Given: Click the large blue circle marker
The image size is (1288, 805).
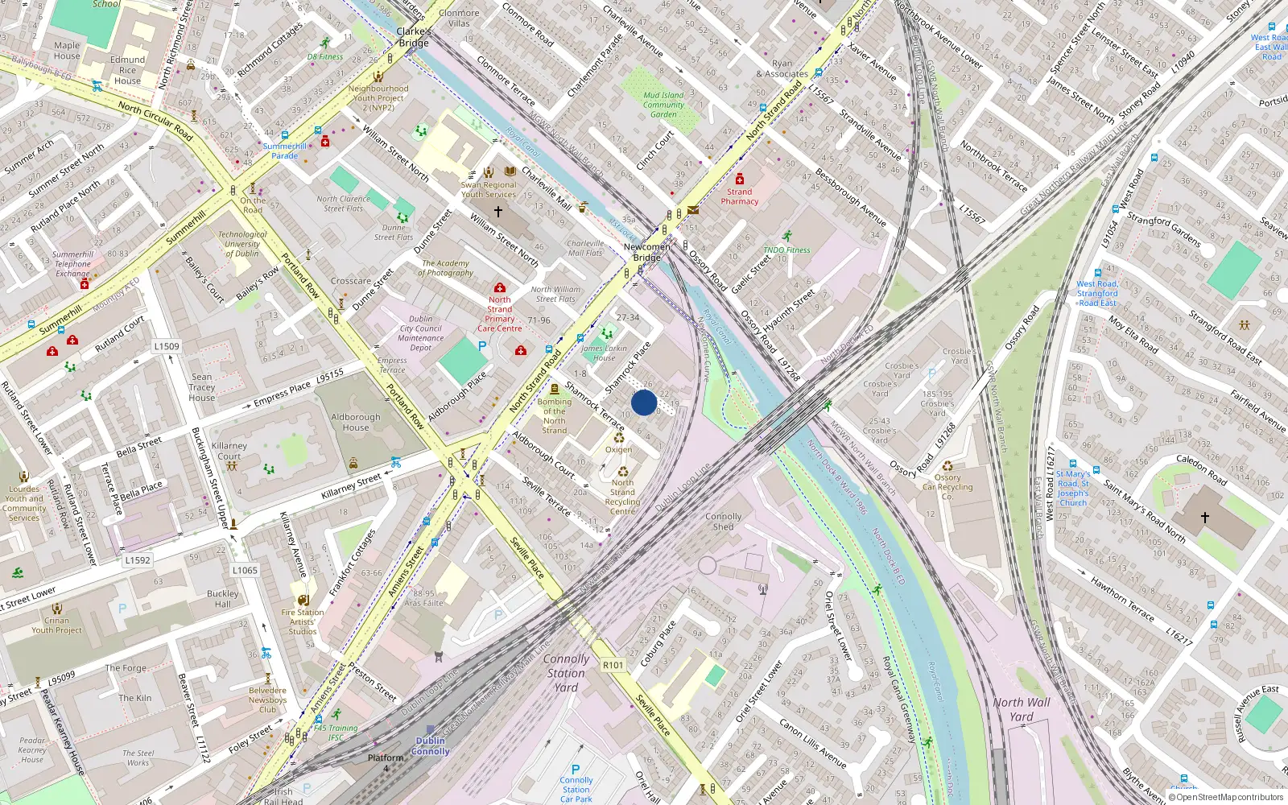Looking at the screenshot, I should [x=644, y=402].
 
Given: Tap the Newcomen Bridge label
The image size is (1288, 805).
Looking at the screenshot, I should [x=646, y=253].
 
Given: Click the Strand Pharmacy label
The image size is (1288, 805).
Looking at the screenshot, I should [x=739, y=196].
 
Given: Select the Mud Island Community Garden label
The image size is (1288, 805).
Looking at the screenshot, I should [x=663, y=105].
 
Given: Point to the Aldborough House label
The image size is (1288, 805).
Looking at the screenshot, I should [x=355, y=423].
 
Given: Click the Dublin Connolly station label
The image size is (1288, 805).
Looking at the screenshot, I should [x=431, y=746].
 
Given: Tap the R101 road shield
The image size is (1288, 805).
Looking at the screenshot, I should [x=613, y=665].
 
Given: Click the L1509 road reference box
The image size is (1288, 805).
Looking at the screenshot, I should [x=167, y=346].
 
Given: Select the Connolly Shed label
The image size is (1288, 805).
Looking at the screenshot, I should [x=723, y=522].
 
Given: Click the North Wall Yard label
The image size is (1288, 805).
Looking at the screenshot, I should [x=1021, y=709].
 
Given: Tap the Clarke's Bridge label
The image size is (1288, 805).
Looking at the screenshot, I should [x=414, y=37].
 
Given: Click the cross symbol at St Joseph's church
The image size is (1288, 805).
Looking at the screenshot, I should [x=1204, y=518].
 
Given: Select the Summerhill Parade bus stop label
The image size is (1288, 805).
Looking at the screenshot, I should [x=284, y=151].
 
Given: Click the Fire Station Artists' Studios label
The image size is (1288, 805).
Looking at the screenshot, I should [x=303, y=621].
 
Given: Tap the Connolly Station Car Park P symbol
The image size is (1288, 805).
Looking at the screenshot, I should [x=576, y=770].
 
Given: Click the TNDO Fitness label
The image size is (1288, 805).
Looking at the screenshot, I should [x=786, y=250].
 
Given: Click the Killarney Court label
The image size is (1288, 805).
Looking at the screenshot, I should [x=229, y=451].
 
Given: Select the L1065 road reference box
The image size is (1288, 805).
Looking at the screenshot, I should [x=245, y=570].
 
